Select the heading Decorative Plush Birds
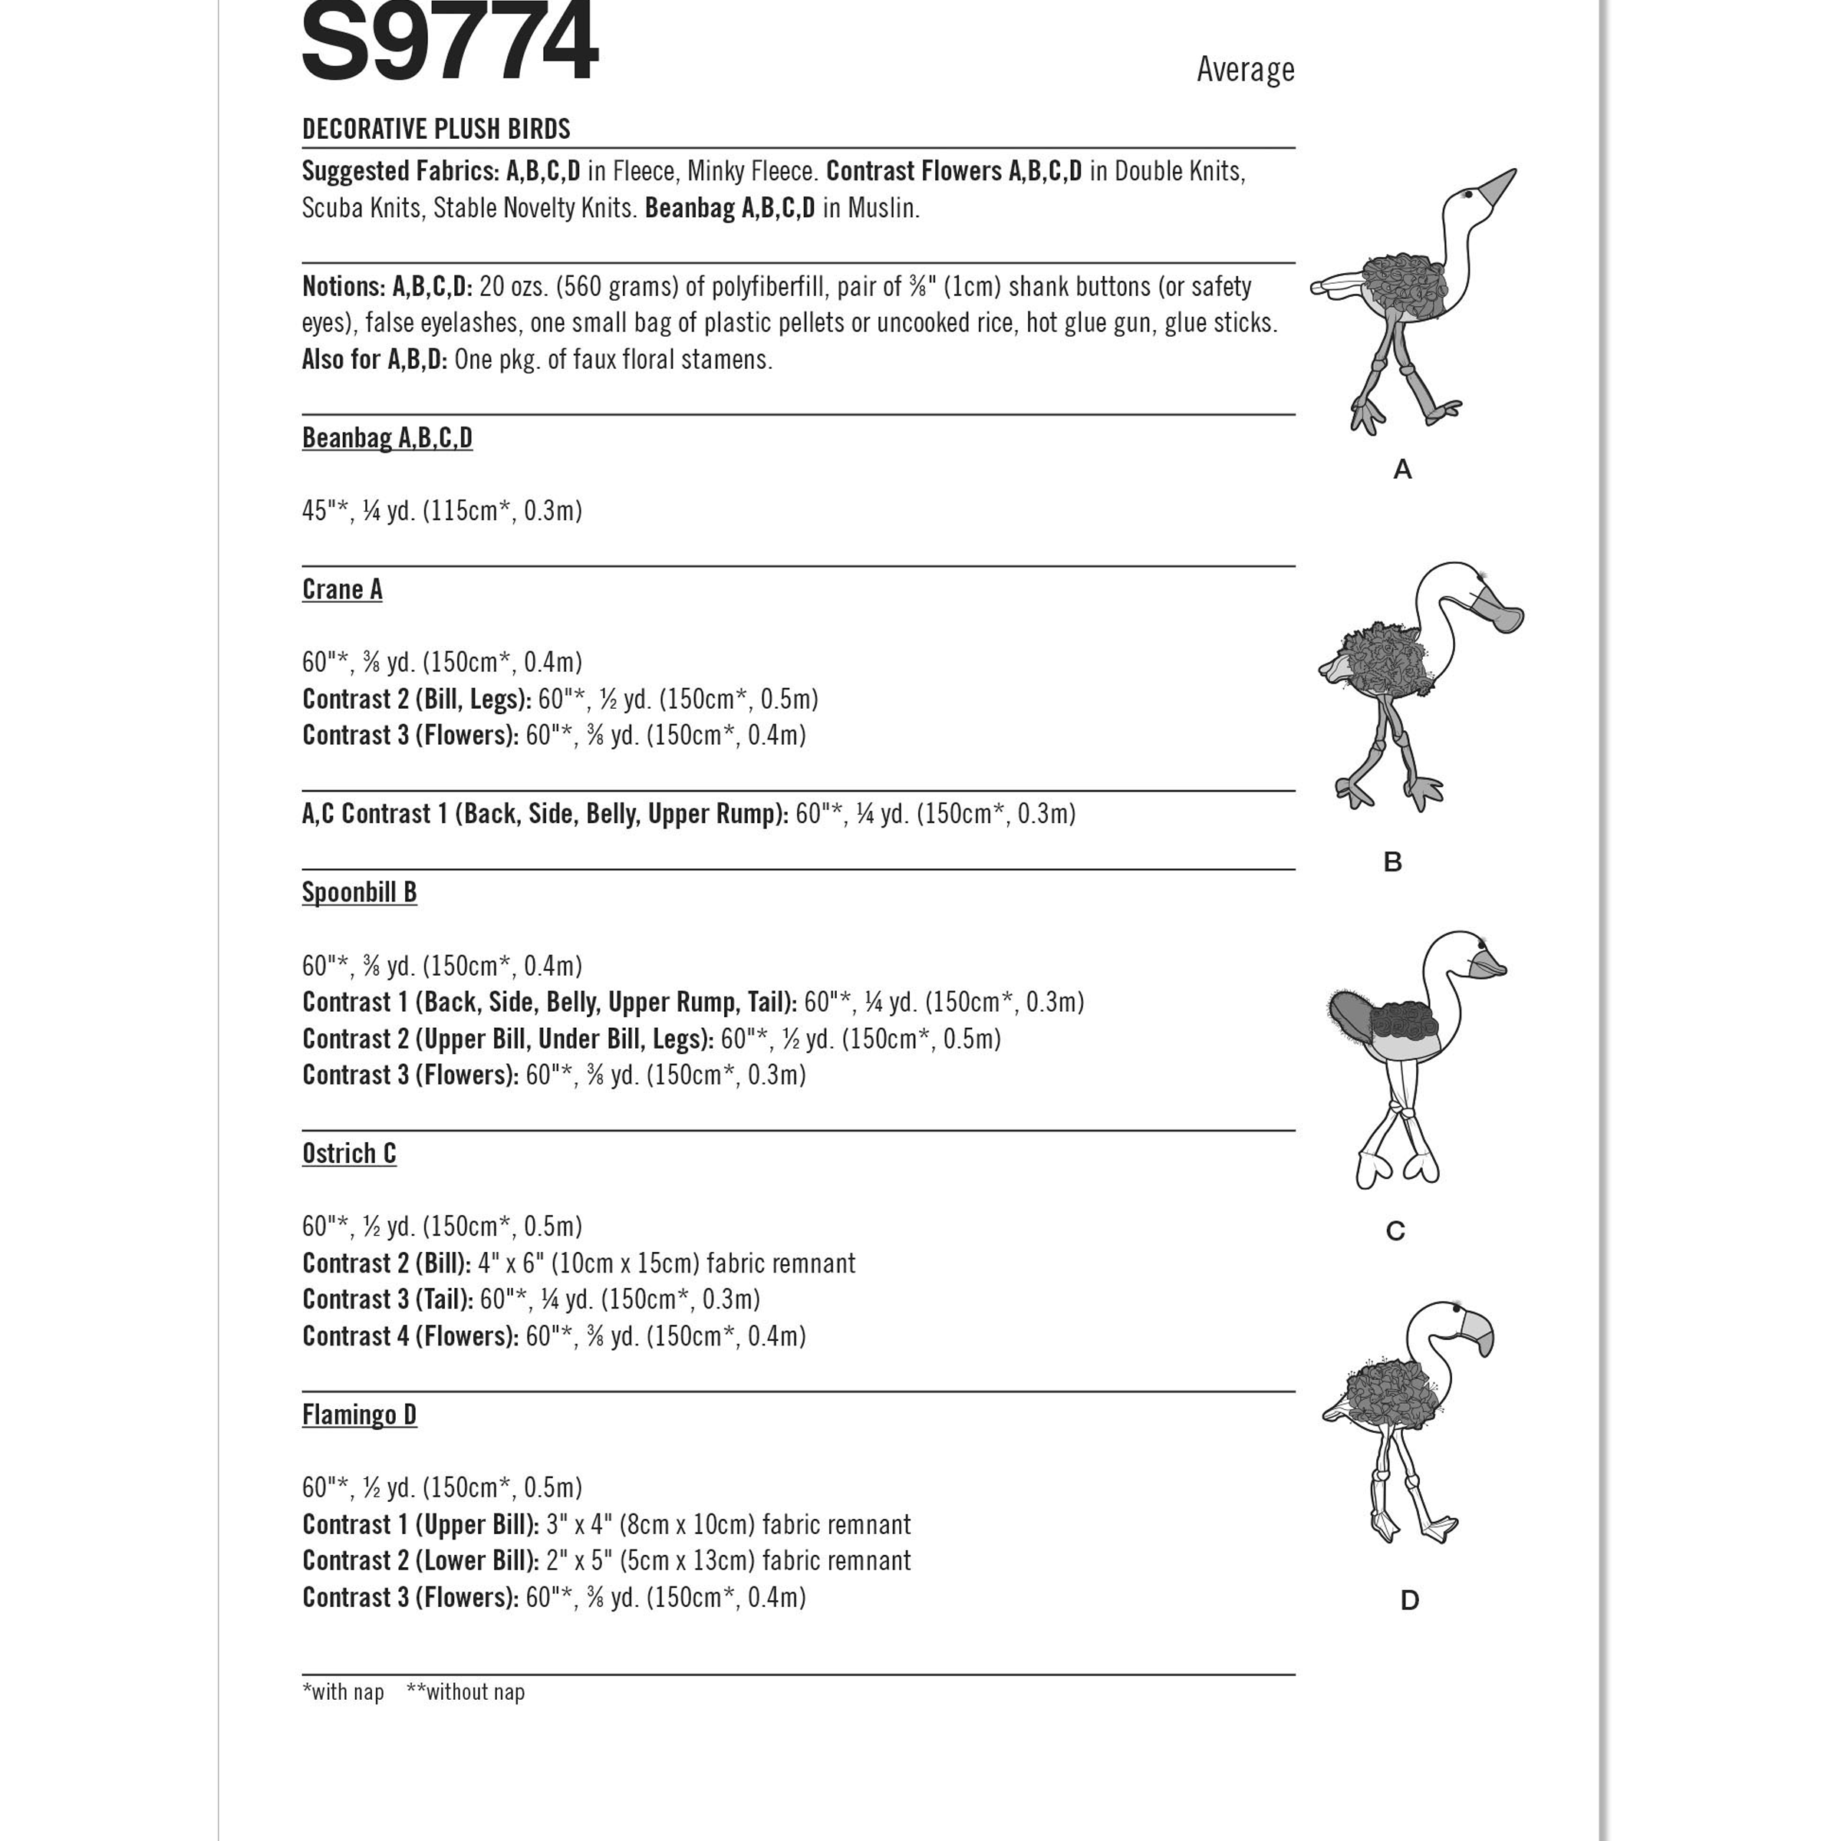tap(436, 129)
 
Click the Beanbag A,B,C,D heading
tap(387, 437)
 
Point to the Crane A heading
tap(342, 590)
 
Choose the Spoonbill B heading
tap(359, 893)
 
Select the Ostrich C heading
tap(349, 1154)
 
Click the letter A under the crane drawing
tap(1401, 469)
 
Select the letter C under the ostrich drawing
tap(1395, 1231)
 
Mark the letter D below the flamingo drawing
tap(1409, 1600)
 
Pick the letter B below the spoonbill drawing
tap(1392, 862)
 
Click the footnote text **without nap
tap(465, 1692)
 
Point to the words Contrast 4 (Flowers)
tap(410, 1336)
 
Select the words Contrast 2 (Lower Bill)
tap(420, 1561)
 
